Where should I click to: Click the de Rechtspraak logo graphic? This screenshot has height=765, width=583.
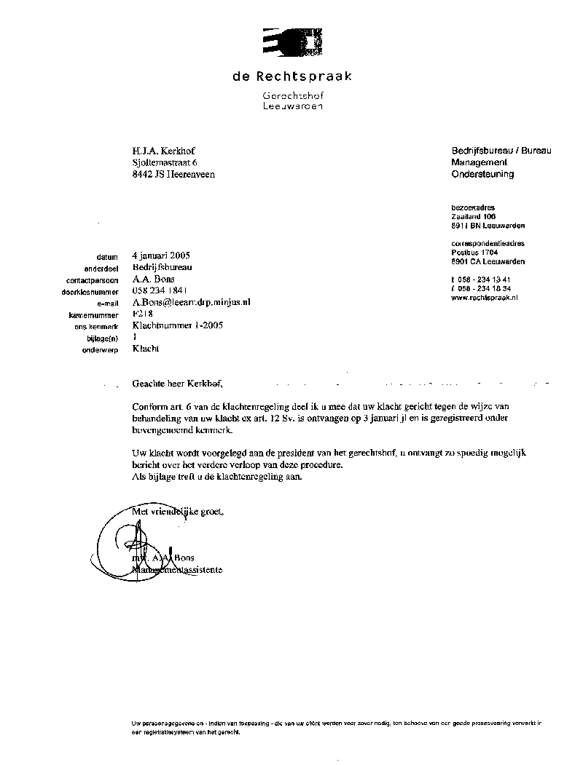pyautogui.click(x=291, y=41)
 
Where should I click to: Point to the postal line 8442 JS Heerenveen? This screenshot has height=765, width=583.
pyautogui.click(x=173, y=174)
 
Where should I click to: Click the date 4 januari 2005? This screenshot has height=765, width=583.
pyautogui.click(x=161, y=255)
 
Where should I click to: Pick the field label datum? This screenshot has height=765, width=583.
pyautogui.click(x=106, y=257)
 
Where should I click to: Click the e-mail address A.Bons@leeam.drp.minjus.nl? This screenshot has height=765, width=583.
pyautogui.click(x=191, y=302)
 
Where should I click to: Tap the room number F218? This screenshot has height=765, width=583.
pyautogui.click(x=143, y=314)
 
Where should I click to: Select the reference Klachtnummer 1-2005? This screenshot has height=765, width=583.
pyautogui.click(x=177, y=325)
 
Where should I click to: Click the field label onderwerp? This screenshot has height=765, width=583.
pyautogui.click(x=101, y=350)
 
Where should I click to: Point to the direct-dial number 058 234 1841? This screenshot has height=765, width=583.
pyautogui.click(x=161, y=290)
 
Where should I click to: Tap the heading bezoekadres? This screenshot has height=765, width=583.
pyautogui.click(x=473, y=207)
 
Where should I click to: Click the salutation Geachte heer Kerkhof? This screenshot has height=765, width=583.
pyautogui.click(x=176, y=382)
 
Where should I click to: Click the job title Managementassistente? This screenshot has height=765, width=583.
pyautogui.click(x=178, y=569)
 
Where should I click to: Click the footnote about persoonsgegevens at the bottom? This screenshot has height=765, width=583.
pyautogui.click(x=336, y=728)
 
